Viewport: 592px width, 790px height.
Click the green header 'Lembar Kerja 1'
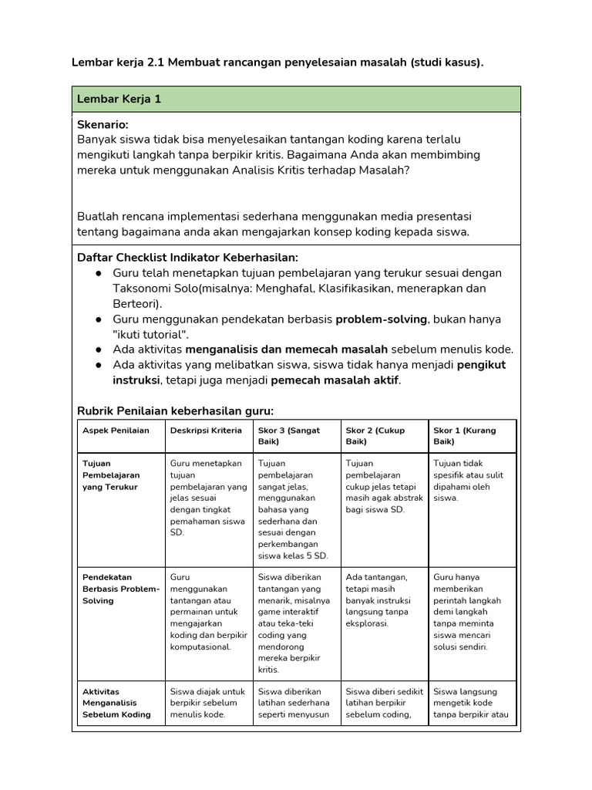pyautogui.click(x=119, y=100)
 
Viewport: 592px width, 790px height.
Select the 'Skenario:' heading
pyautogui.click(x=103, y=124)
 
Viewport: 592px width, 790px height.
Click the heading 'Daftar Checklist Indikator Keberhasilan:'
pyautogui.click(x=187, y=257)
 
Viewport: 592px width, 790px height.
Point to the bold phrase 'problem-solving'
pyautogui.click(x=379, y=319)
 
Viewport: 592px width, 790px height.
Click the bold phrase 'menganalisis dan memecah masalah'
pyautogui.click(x=287, y=349)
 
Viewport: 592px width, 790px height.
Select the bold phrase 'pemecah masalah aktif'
pyautogui.click(x=335, y=380)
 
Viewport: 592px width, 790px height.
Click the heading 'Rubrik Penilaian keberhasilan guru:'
pyautogui.click(x=176, y=410)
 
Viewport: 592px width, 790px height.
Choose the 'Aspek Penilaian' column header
pyautogui.click(x=116, y=430)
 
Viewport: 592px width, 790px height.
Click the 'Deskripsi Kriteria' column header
pyautogui.click(x=205, y=430)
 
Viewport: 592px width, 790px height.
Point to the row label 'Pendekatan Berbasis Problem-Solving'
pyautogui.click(x=120, y=589)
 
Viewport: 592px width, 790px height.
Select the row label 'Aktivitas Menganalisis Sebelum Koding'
pyautogui.click(x=116, y=703)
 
